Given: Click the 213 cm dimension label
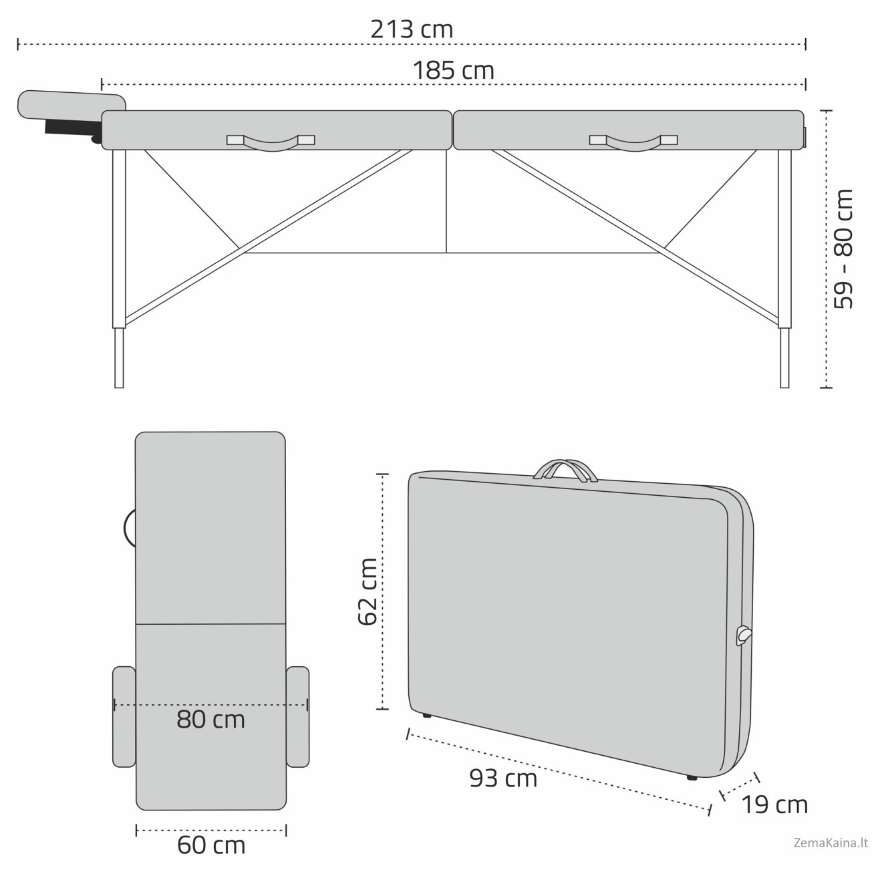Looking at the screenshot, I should point(412,29).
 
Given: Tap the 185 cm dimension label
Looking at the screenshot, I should point(453,70).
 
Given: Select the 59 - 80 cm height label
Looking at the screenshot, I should point(844,249).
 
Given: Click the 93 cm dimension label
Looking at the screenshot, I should point(503,778).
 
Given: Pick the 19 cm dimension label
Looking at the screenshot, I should point(774,805).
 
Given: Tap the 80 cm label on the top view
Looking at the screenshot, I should point(210,720).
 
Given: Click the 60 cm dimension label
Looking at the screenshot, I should point(211,845).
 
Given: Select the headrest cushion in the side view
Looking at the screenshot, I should point(72,104).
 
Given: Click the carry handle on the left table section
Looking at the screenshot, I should point(271,142).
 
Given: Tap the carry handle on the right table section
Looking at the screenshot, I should point(633,142).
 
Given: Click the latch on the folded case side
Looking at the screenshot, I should point(743,635).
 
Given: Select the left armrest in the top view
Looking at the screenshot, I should point(124,716).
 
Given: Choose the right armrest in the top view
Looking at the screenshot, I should point(297,716).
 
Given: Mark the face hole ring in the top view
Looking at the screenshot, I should point(129,529).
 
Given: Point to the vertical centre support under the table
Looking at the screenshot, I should point(446,200).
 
